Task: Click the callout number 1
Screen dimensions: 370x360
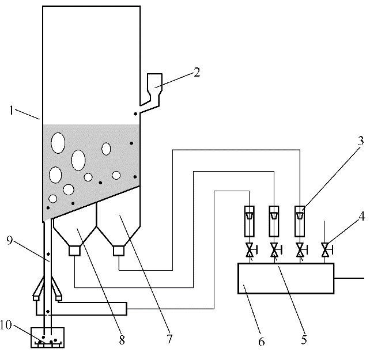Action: (12, 110)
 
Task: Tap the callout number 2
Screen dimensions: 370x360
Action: (197, 72)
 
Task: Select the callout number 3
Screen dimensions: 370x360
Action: (361, 141)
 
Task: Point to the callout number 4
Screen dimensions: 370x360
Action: (362, 216)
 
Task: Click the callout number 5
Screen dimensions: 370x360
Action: (304, 340)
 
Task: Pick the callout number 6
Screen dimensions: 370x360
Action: (262, 342)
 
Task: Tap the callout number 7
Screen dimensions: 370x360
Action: (169, 339)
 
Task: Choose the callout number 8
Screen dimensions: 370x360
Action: (122, 340)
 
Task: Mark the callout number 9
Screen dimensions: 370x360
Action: (9, 240)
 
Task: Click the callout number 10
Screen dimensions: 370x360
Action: (6, 325)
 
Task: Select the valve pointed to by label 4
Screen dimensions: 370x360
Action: (326, 250)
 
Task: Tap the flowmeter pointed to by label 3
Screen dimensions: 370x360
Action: (300, 221)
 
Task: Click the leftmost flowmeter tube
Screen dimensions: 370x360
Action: (250, 221)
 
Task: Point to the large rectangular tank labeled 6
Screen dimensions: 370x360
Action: (286, 278)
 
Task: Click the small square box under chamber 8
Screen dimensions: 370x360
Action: (74, 251)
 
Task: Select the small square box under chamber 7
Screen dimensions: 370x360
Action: (119, 251)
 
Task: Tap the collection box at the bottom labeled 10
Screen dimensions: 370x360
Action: (48, 338)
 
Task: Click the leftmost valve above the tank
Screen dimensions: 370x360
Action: (250, 250)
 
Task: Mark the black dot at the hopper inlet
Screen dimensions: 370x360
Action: (135, 114)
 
